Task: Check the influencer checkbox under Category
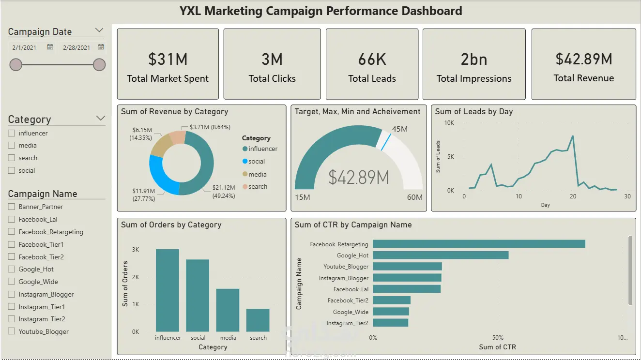pos(12,133)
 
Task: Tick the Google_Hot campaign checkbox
pos(12,269)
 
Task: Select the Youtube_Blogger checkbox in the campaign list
pos(12,331)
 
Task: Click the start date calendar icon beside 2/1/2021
pos(50,47)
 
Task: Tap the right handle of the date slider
pos(99,65)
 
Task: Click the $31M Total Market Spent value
pos(168,59)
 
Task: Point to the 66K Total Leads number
pos(372,59)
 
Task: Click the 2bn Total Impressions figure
pos(474,59)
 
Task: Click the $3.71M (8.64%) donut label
pos(210,127)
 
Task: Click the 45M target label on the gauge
pos(400,129)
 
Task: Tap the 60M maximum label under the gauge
pos(414,197)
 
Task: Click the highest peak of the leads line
pos(573,136)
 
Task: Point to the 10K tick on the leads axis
pos(449,123)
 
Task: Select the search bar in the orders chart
pos(258,320)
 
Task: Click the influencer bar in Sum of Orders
pos(168,290)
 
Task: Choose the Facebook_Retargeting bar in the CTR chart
pos(479,244)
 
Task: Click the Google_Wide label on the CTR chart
pos(351,312)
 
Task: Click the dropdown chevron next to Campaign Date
pos(99,30)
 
